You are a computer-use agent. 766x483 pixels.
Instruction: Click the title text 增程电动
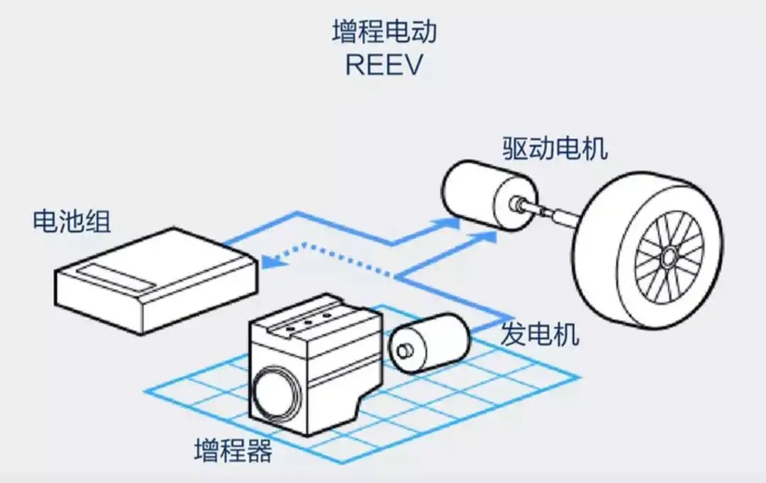click(383, 32)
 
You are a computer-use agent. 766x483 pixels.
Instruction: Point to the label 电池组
click(72, 221)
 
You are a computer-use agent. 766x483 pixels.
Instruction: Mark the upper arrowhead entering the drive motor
click(450, 223)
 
